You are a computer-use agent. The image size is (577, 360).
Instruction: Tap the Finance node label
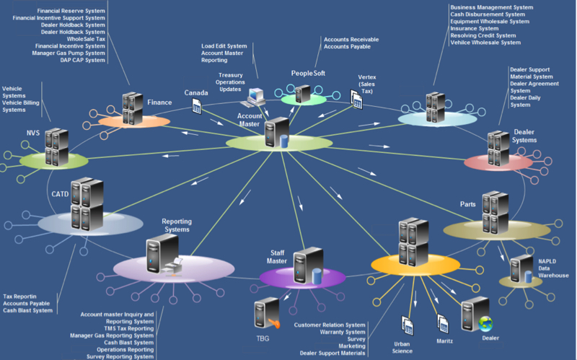[x=159, y=102]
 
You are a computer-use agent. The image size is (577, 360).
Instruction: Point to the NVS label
[x=33, y=133]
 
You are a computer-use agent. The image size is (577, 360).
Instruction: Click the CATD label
[x=61, y=194]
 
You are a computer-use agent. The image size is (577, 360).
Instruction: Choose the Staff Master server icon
[x=309, y=265]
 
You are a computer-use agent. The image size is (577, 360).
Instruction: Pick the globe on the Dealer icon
[x=485, y=323]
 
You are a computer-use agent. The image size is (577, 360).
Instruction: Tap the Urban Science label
[x=402, y=347]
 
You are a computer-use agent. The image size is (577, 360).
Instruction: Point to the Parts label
[x=468, y=204]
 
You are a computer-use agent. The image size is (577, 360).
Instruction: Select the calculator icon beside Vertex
[x=356, y=102]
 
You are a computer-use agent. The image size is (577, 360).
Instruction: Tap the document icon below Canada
[x=196, y=105]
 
